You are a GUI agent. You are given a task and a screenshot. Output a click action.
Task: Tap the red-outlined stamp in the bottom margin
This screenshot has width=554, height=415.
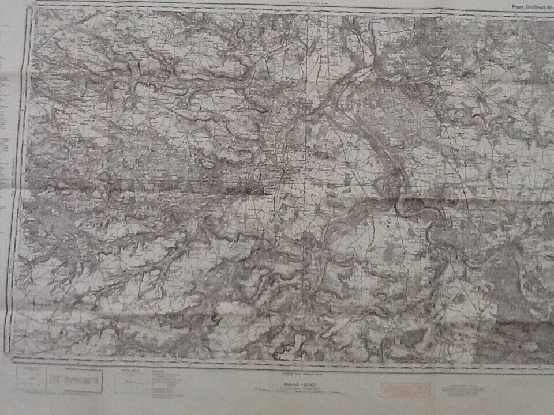pos(405,389)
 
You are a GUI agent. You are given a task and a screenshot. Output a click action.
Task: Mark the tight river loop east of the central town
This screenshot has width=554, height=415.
pos(384,184)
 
